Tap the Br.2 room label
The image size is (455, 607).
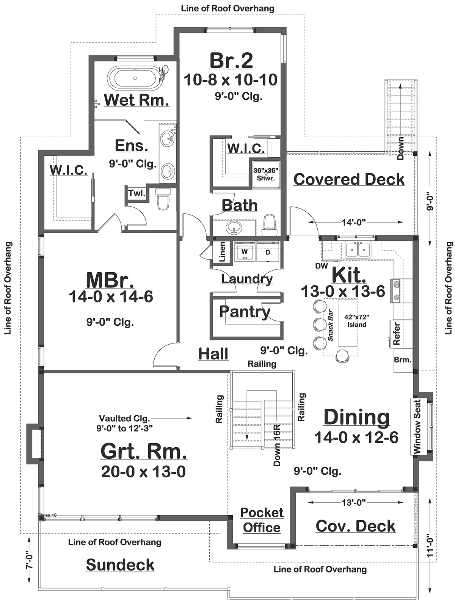[231, 61]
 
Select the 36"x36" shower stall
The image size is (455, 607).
[266, 174]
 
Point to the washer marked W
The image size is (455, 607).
[245, 252]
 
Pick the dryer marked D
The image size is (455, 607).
[268, 252]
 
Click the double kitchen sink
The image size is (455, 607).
[358, 249]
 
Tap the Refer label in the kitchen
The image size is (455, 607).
[396, 334]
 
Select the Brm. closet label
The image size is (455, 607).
[402, 360]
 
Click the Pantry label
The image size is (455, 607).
[245, 311]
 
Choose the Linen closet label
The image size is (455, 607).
[222, 252]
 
